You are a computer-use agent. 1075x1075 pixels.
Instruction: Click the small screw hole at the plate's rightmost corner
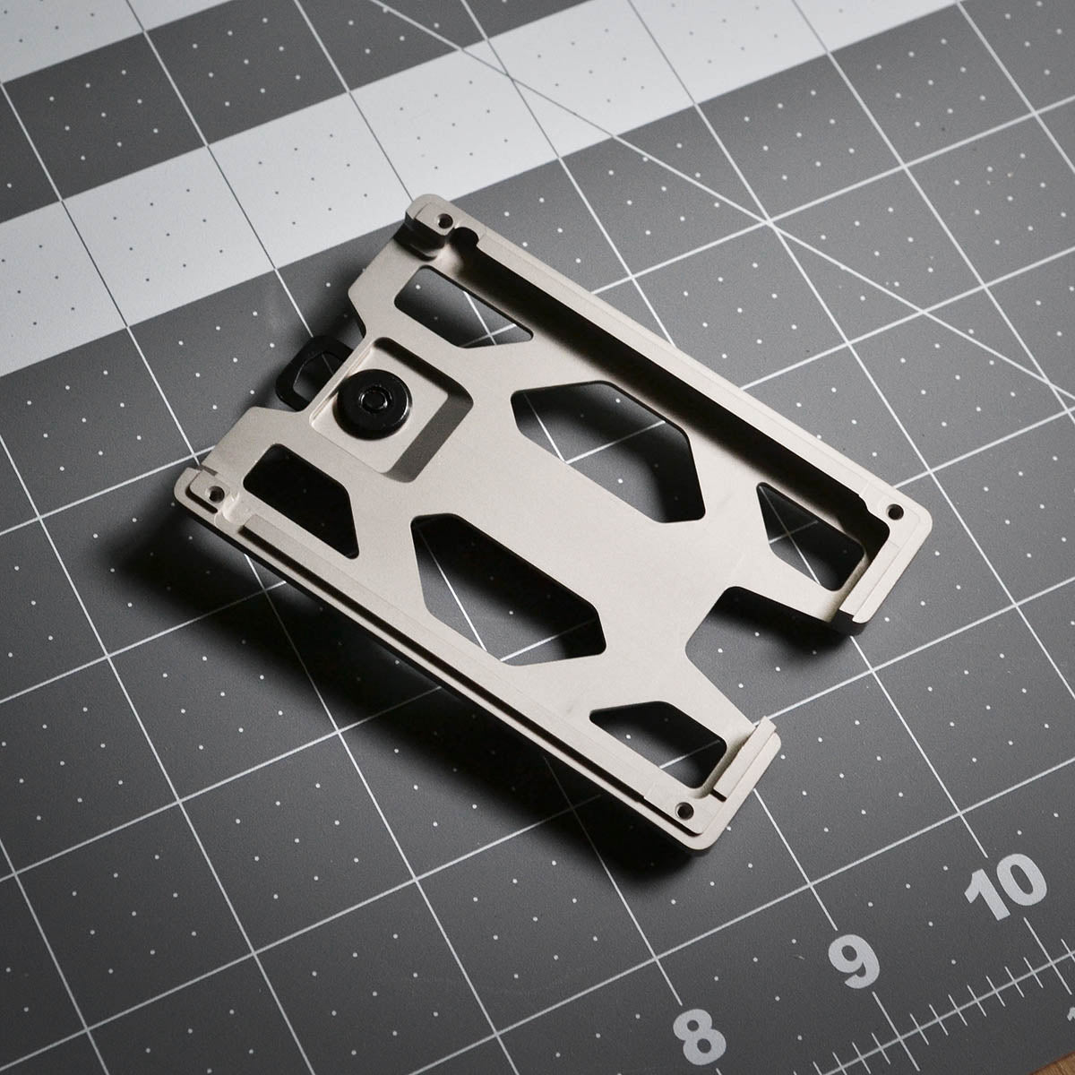(893, 513)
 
